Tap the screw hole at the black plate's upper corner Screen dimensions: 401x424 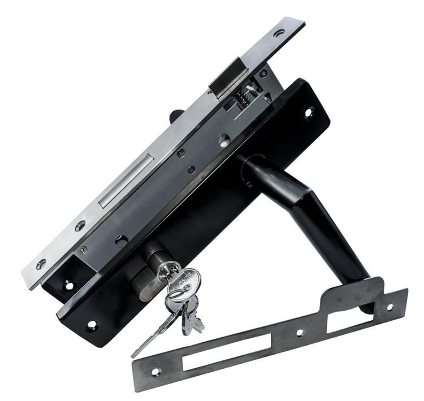tap(309, 111)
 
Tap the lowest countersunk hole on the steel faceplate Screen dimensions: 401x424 tap(41, 264)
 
